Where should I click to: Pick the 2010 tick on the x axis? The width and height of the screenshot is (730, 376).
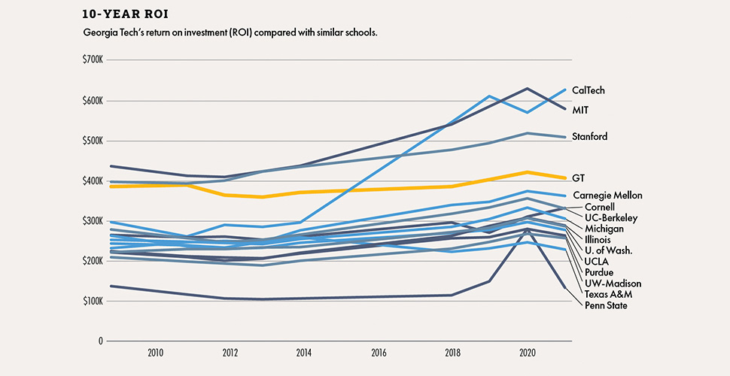pyautogui.click(x=156, y=352)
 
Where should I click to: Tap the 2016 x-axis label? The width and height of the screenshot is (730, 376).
pyautogui.click(x=379, y=352)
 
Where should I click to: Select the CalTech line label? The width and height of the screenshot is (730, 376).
pyautogui.click(x=589, y=90)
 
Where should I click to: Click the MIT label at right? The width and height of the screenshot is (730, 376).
pyautogui.click(x=580, y=110)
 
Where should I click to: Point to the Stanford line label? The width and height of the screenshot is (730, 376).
pyautogui.click(x=589, y=137)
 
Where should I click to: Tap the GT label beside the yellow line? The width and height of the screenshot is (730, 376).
pyautogui.click(x=579, y=178)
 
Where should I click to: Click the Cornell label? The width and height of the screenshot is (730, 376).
pyautogui.click(x=600, y=207)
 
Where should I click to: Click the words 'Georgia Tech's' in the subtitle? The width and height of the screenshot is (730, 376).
pyautogui.click(x=113, y=34)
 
